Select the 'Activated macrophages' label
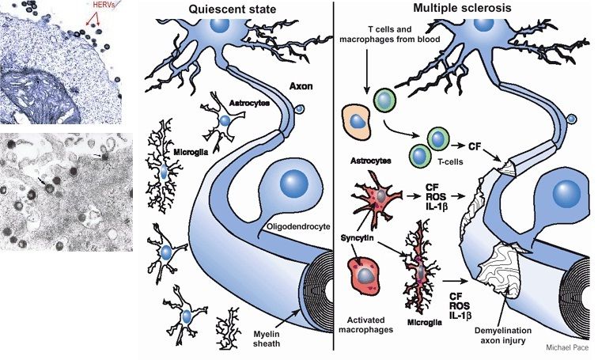point(366,324)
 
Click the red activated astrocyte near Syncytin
point(381,194)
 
